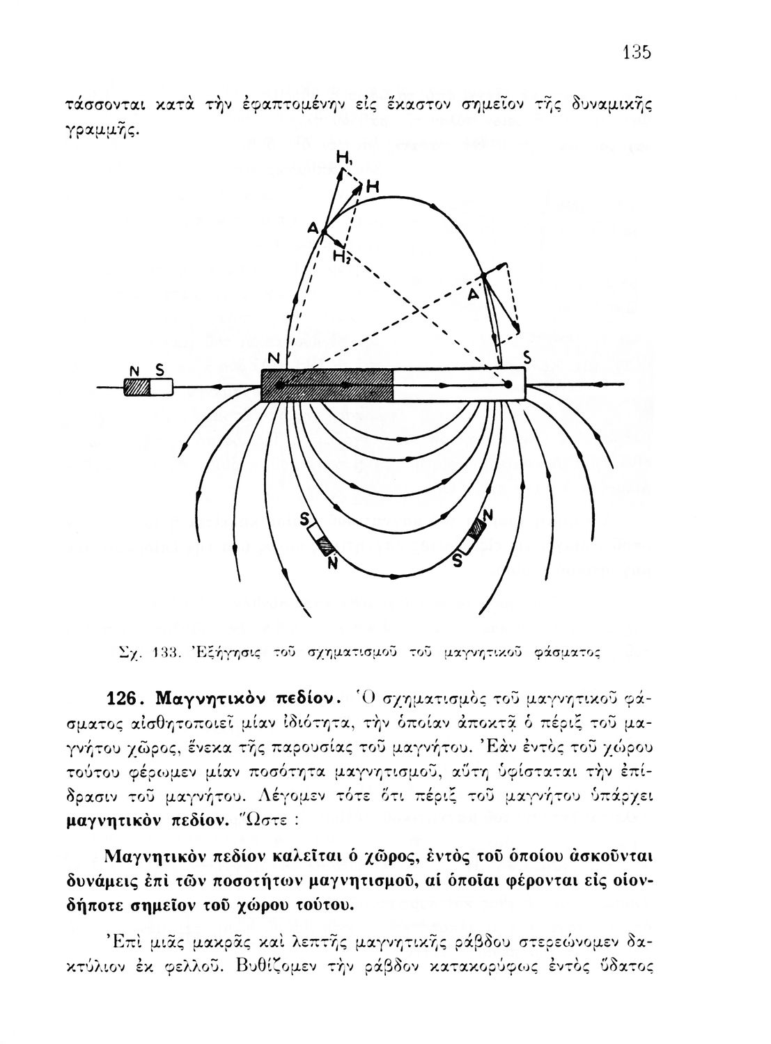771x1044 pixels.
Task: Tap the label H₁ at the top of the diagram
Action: click(343, 159)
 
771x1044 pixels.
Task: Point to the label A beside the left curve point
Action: click(312, 229)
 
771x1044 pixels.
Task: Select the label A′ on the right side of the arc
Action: click(474, 294)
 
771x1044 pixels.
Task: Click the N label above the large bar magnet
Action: click(274, 359)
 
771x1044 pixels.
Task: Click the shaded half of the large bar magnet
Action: click(327, 385)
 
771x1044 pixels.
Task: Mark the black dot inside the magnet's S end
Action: click(508, 384)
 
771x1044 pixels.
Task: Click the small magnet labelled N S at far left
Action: click(148, 386)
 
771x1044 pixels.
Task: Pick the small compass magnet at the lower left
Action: click(322, 539)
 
